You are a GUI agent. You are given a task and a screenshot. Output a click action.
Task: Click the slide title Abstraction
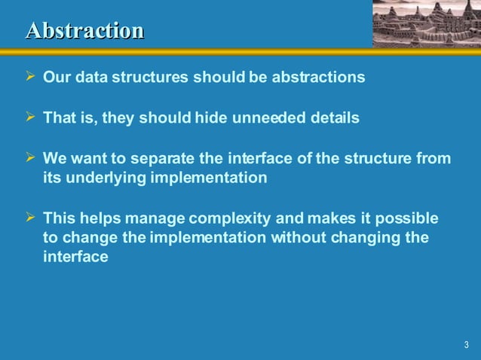point(84,30)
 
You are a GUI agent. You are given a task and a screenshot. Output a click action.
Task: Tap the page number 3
point(466,346)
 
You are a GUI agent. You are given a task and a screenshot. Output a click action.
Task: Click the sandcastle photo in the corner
point(426,23)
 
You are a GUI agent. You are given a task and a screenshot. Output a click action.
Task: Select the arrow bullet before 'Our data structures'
point(31,78)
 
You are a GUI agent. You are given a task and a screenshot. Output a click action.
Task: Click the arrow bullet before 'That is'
point(31,117)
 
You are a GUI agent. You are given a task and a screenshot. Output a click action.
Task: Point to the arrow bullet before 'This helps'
point(31,218)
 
